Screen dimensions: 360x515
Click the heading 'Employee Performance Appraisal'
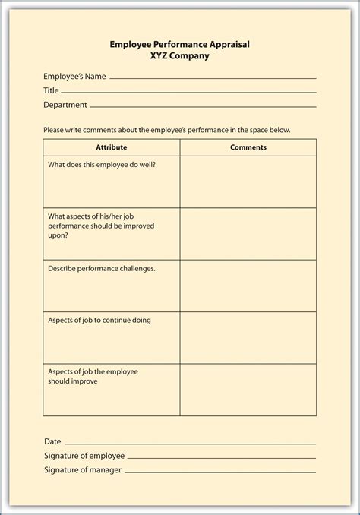179,45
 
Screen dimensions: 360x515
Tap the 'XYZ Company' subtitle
179,56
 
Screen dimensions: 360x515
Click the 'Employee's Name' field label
74,76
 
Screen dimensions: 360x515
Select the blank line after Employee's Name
213,78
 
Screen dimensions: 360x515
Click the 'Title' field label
51,90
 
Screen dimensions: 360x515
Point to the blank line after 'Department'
203,106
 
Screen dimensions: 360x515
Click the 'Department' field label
65,104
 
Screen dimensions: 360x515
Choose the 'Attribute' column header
112,147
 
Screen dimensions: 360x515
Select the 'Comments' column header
248,147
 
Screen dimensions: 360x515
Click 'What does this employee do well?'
103,164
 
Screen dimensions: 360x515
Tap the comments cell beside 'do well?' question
248,182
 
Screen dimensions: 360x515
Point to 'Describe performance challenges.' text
102,268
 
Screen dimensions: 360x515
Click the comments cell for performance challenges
248,286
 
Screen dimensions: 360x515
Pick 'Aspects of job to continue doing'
99,320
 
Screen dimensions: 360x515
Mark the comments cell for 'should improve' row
248,389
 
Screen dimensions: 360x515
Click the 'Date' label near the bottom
52,441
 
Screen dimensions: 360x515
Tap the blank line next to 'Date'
190,444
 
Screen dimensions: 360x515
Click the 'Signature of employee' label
84,456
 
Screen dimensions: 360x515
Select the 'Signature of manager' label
83,470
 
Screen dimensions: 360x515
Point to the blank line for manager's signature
220,472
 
